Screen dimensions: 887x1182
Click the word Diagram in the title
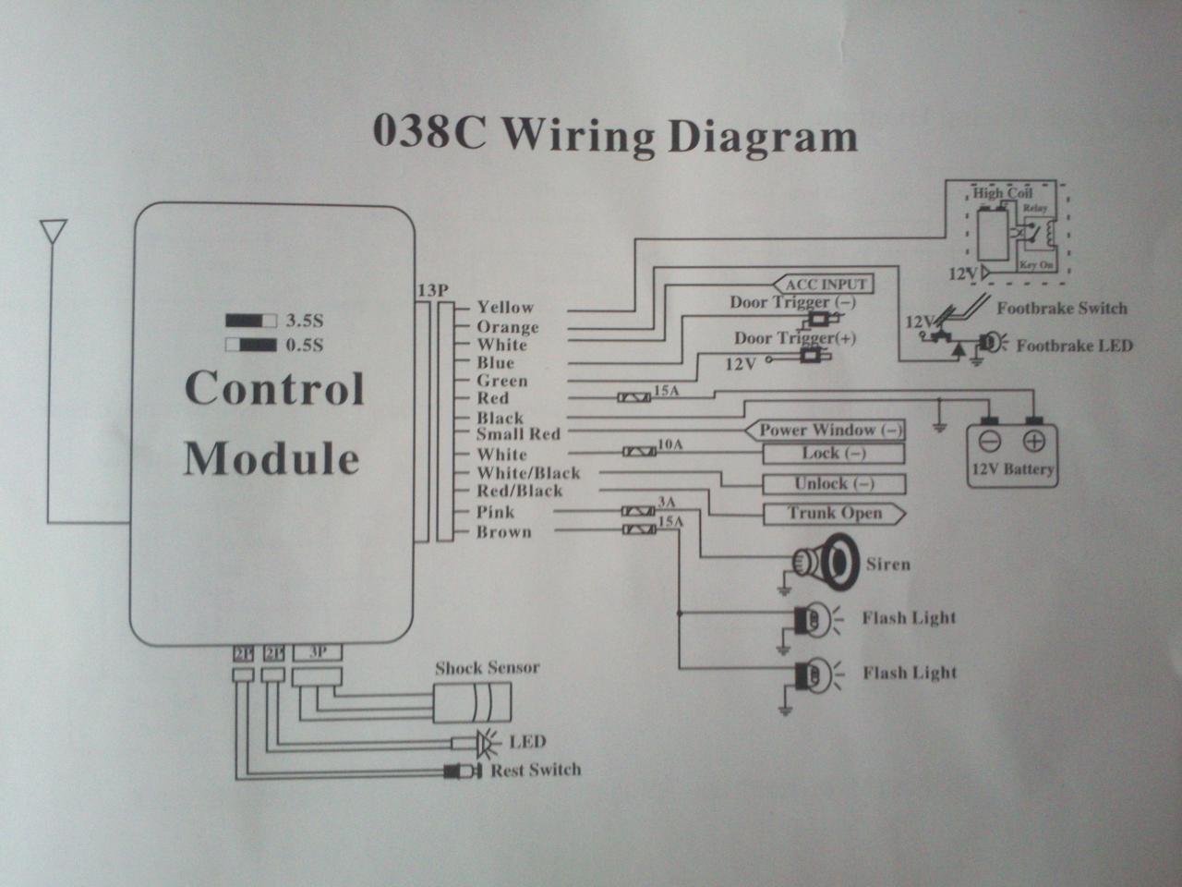click(762, 136)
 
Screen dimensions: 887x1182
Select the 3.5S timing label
click(306, 322)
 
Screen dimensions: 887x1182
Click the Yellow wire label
click(505, 308)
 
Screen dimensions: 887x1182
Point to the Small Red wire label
click(518, 433)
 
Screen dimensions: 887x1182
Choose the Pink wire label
click(496, 512)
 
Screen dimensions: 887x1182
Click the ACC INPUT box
click(825, 284)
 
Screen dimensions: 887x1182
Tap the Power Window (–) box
click(828, 430)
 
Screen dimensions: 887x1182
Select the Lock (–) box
click(833, 454)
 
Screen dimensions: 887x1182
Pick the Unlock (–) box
click(834, 483)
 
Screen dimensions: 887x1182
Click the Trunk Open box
click(834, 513)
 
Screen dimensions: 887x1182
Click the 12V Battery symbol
click(1011, 449)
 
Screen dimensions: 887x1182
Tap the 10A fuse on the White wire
click(639, 452)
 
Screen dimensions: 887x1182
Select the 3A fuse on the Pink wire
click(638, 510)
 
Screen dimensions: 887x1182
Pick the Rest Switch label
click(536, 770)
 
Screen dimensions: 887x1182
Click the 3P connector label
click(317, 651)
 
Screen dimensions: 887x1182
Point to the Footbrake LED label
click(1074, 346)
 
